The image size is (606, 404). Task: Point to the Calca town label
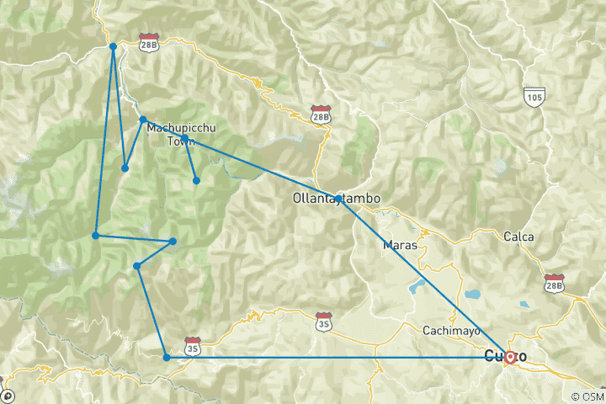point(518,237)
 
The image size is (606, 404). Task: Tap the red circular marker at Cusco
point(510,357)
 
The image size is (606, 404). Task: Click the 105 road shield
point(531,96)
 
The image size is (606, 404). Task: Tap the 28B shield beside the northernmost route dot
point(148,43)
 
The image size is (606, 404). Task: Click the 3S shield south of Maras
point(324,322)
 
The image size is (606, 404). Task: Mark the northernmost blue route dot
point(113,46)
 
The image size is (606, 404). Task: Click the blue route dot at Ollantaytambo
point(338,199)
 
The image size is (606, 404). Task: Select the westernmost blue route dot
point(96,236)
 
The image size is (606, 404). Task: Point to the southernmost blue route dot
point(167,358)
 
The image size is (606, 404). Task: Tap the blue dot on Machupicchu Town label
point(184,138)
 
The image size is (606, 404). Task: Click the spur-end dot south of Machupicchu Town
point(196,180)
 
